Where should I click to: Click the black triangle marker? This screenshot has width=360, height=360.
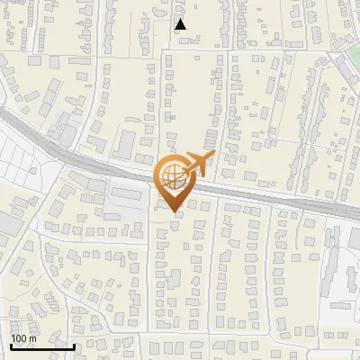click(x=181, y=24)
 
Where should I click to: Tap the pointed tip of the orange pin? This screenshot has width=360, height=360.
click(x=173, y=212)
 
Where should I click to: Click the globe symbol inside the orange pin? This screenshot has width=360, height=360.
click(x=173, y=176)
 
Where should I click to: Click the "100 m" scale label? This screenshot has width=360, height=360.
click(x=23, y=338)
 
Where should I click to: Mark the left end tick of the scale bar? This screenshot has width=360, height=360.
click(x=11, y=345)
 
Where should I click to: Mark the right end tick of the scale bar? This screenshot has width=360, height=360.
click(x=74, y=345)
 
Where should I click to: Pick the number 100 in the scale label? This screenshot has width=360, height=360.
click(x=19, y=338)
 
